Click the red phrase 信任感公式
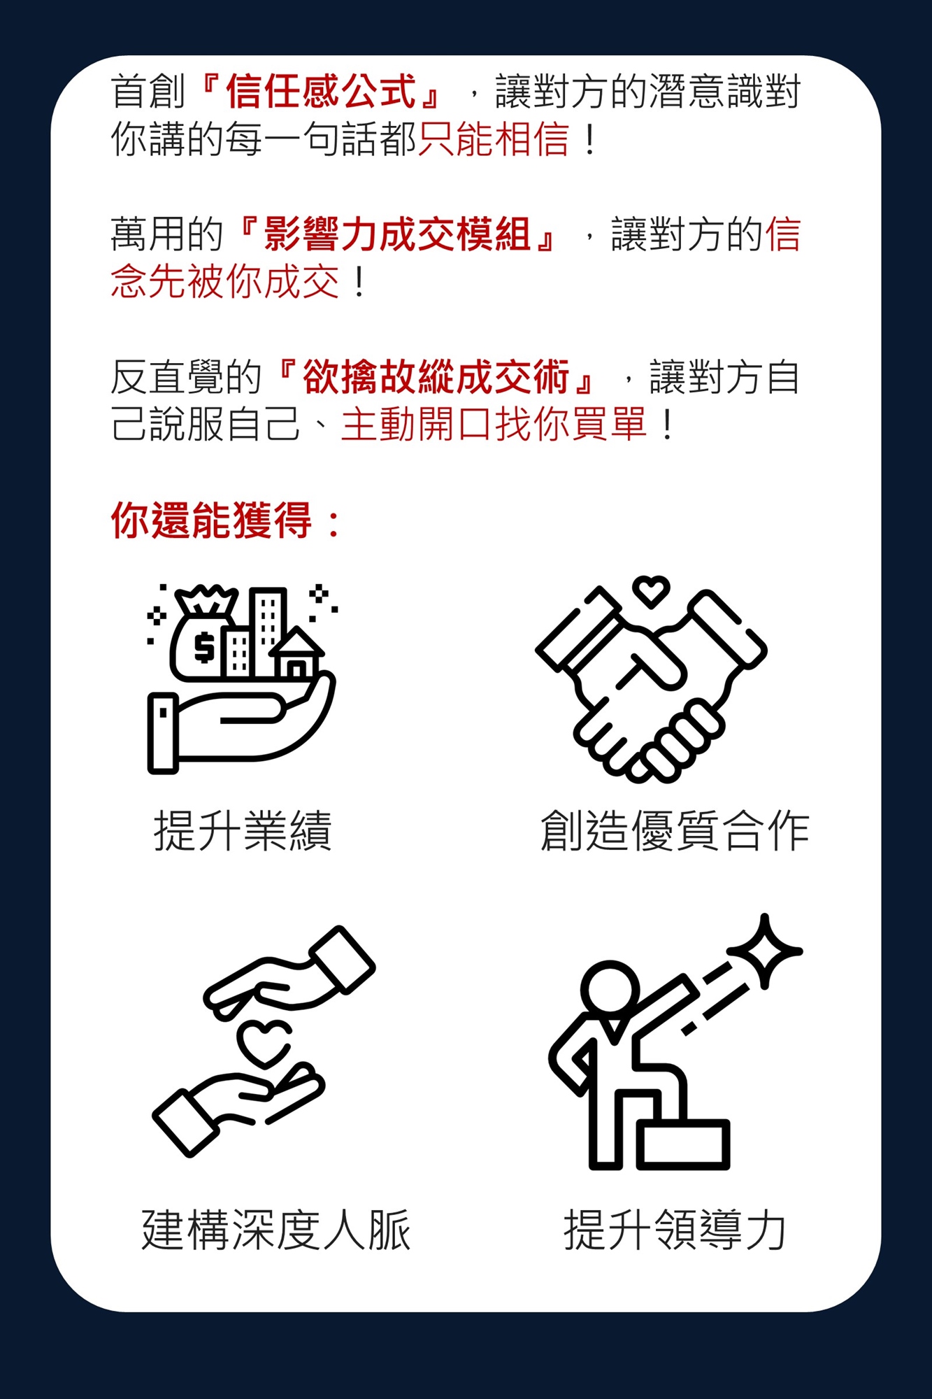321,92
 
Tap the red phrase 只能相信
494,138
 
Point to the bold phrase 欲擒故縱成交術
436,378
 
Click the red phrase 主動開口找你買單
494,425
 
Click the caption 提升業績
243,831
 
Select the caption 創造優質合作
675,831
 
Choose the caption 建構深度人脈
276,1230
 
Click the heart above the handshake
651,590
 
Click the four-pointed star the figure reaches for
765,950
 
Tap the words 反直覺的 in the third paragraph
186,378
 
